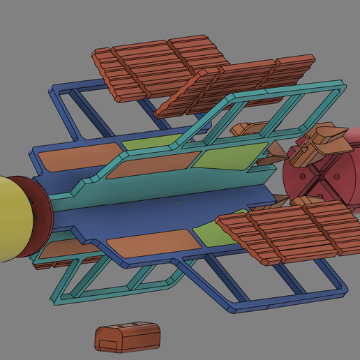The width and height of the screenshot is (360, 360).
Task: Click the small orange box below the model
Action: [127, 337]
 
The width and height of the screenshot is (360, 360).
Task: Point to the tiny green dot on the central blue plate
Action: [177, 203]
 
